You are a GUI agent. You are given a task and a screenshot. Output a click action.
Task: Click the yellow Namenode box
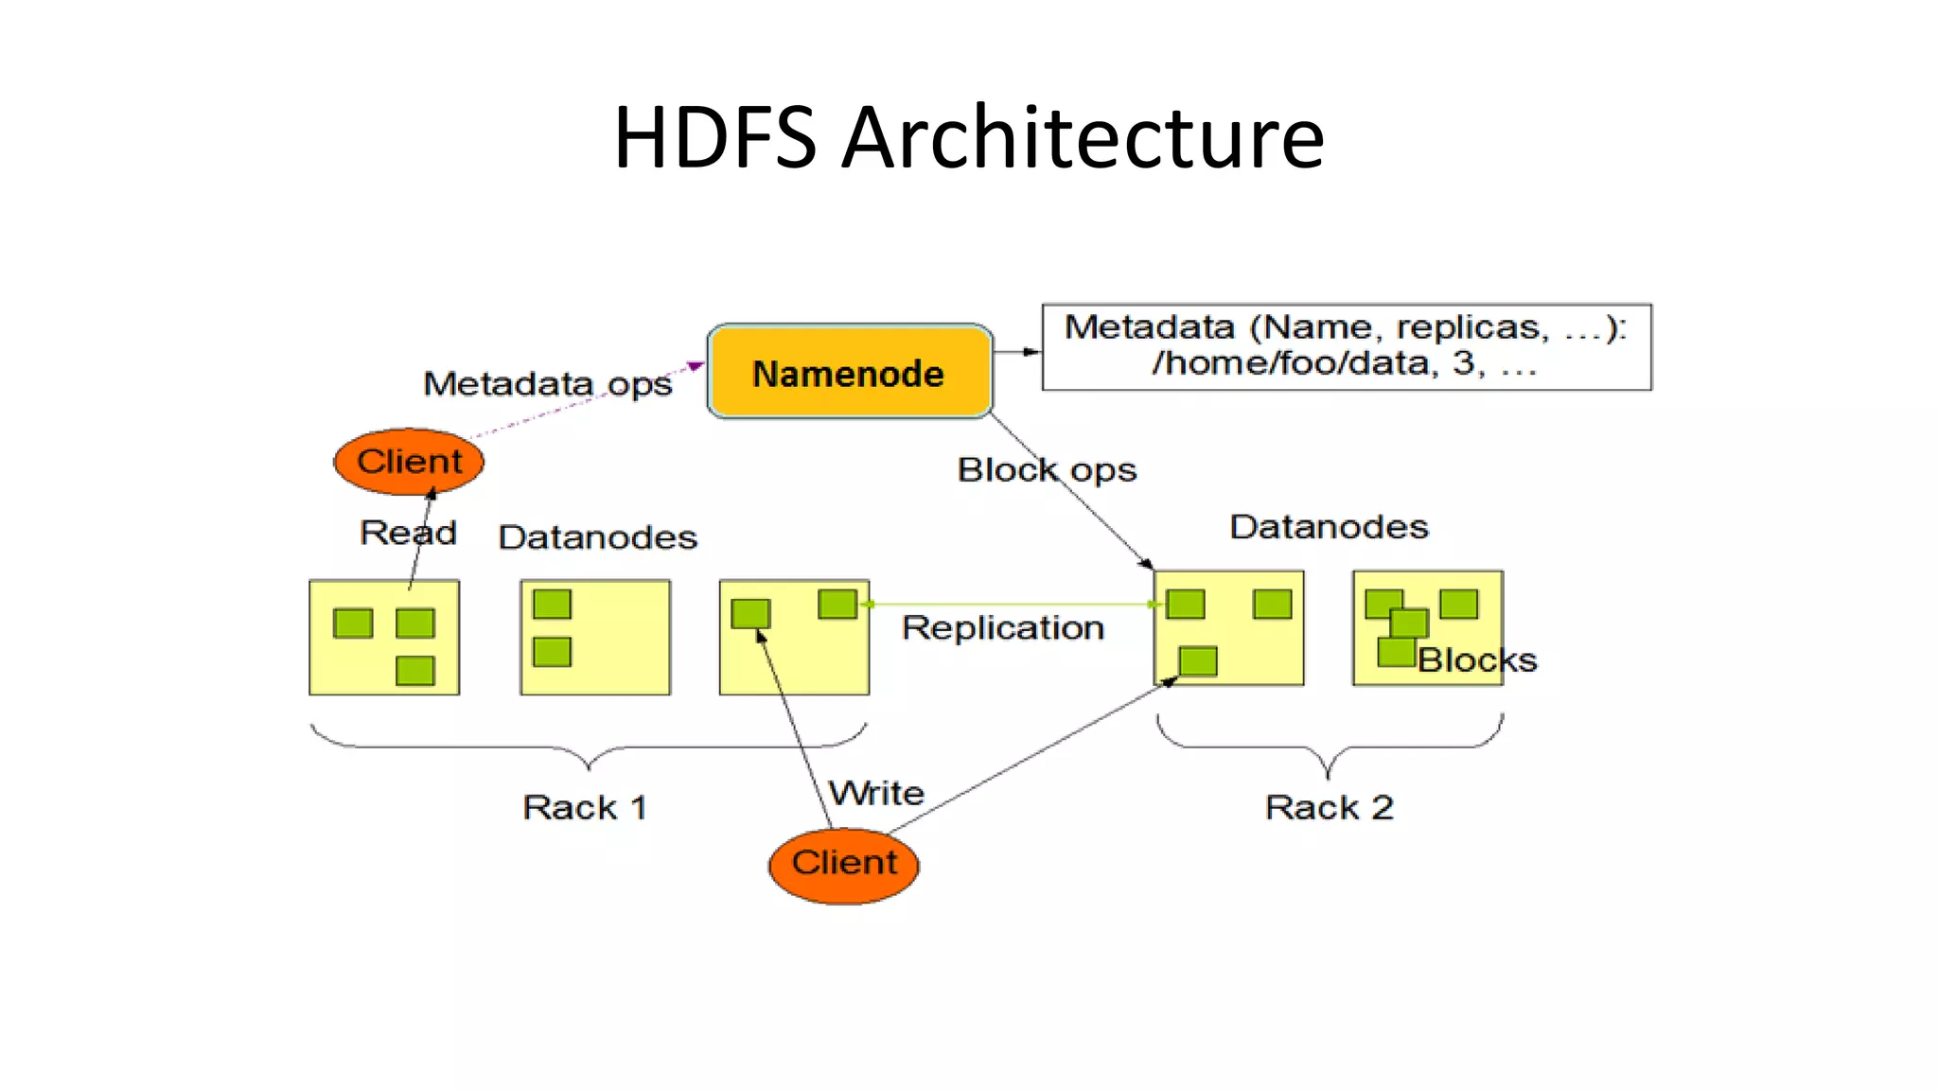pos(849,372)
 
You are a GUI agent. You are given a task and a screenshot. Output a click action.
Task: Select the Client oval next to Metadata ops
pos(409,462)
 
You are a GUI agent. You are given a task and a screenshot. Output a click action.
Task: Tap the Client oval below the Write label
pos(843,865)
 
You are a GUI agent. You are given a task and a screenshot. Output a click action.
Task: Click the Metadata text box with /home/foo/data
pos(1346,346)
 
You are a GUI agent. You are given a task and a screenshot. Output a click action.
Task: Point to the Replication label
pos(1003,628)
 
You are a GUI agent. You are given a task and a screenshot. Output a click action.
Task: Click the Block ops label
pos(1047,469)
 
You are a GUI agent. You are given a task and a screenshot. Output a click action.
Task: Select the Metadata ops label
pos(547,384)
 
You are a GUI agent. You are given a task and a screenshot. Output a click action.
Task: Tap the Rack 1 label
pos(585,807)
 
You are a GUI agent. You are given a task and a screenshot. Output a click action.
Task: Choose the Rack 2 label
pos(1329,807)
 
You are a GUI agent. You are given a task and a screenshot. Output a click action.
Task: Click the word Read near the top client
pos(408,533)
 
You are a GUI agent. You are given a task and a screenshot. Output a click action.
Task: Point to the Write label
pos(876,793)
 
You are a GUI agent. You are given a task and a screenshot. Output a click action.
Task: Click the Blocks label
pos(1476,660)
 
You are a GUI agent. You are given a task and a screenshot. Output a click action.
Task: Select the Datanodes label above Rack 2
pos(1329,527)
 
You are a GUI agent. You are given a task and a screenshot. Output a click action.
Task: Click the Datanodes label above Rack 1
pos(597,537)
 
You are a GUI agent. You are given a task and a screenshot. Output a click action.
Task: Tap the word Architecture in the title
pos(1083,138)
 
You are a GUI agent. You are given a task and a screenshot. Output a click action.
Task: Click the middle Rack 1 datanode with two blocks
pos(595,637)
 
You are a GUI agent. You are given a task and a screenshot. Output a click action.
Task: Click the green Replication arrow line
pos(1008,604)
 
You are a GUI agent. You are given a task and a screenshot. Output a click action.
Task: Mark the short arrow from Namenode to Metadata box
pos(1017,352)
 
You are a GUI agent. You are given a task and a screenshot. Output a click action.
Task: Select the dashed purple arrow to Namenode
pos(587,401)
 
